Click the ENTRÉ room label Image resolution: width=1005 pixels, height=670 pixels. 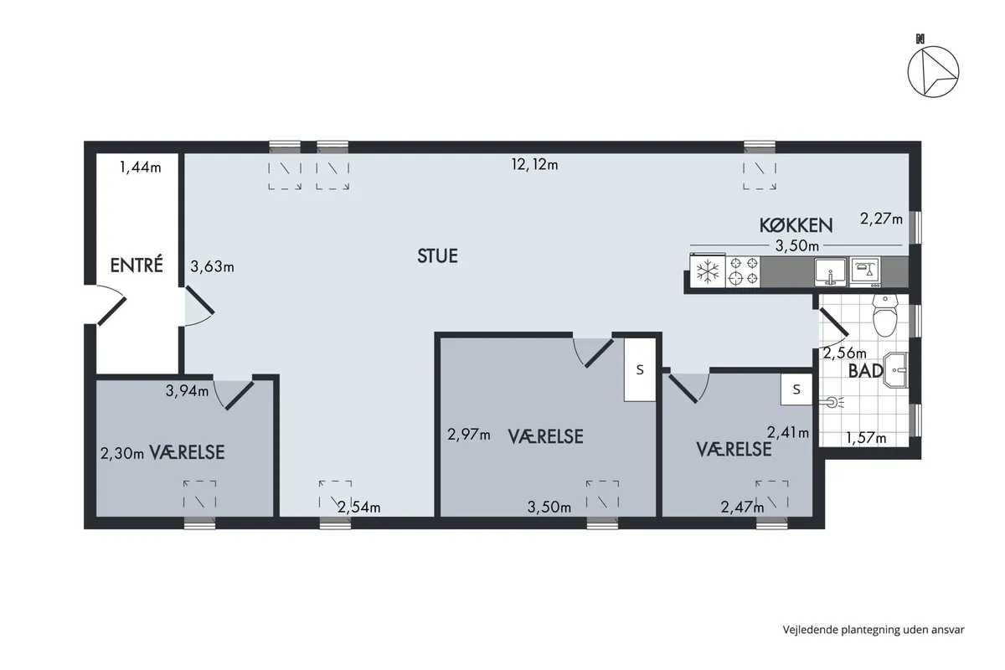coord(137,265)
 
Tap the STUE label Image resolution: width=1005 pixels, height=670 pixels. coord(437,255)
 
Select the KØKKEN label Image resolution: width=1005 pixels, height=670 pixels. coord(796,225)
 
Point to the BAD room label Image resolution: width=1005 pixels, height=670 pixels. coord(866,371)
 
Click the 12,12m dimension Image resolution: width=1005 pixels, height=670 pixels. coord(535,165)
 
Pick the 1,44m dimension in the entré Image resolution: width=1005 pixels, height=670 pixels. coord(141,167)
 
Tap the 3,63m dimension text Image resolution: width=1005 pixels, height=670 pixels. coord(212,266)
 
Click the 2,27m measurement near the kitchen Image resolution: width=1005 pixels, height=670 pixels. coord(881,219)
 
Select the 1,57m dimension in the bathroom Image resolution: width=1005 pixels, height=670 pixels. coord(866,437)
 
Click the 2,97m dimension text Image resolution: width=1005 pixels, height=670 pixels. coord(469,435)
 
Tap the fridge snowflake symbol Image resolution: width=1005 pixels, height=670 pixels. coord(708,272)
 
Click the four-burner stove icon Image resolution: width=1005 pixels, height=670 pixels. coord(743,271)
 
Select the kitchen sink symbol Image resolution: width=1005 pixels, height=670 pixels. coord(831,272)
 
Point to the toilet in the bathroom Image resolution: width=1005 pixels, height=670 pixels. coord(885,316)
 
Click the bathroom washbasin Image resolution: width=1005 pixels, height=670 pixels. coord(895,370)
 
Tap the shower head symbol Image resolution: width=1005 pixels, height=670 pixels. coord(832,402)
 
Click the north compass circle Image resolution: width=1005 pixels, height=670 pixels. coord(933,72)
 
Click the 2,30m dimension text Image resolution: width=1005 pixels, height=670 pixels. coord(122,454)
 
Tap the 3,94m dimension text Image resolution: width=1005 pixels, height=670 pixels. coord(187,391)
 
